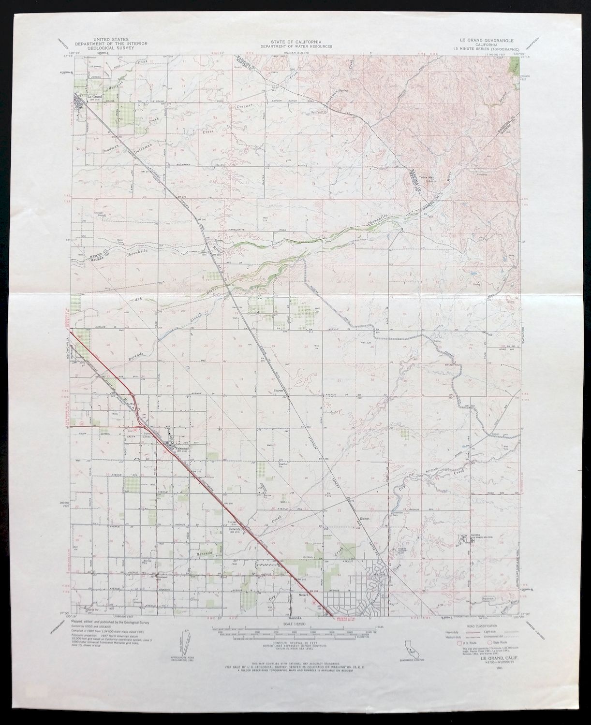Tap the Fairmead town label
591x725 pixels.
coord(177,448)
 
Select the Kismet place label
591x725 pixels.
coord(363,518)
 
